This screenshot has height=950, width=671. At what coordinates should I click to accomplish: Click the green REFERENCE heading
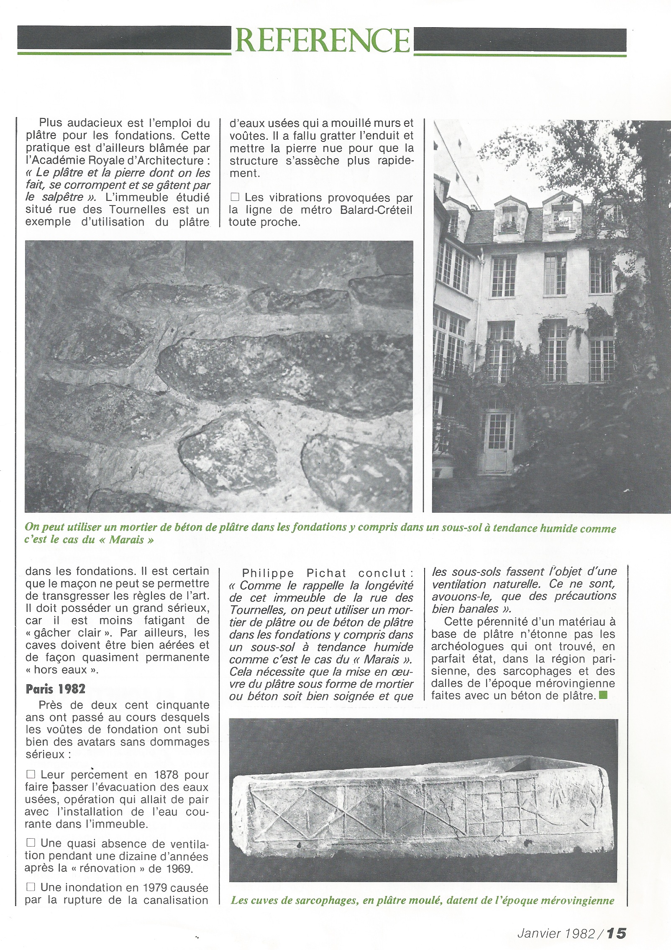coord(322,41)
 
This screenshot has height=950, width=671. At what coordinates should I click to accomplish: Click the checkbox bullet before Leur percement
coord(31,775)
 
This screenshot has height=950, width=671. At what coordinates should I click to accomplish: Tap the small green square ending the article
coord(603,696)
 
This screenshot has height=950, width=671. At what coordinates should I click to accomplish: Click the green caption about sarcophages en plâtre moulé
coord(422,900)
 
